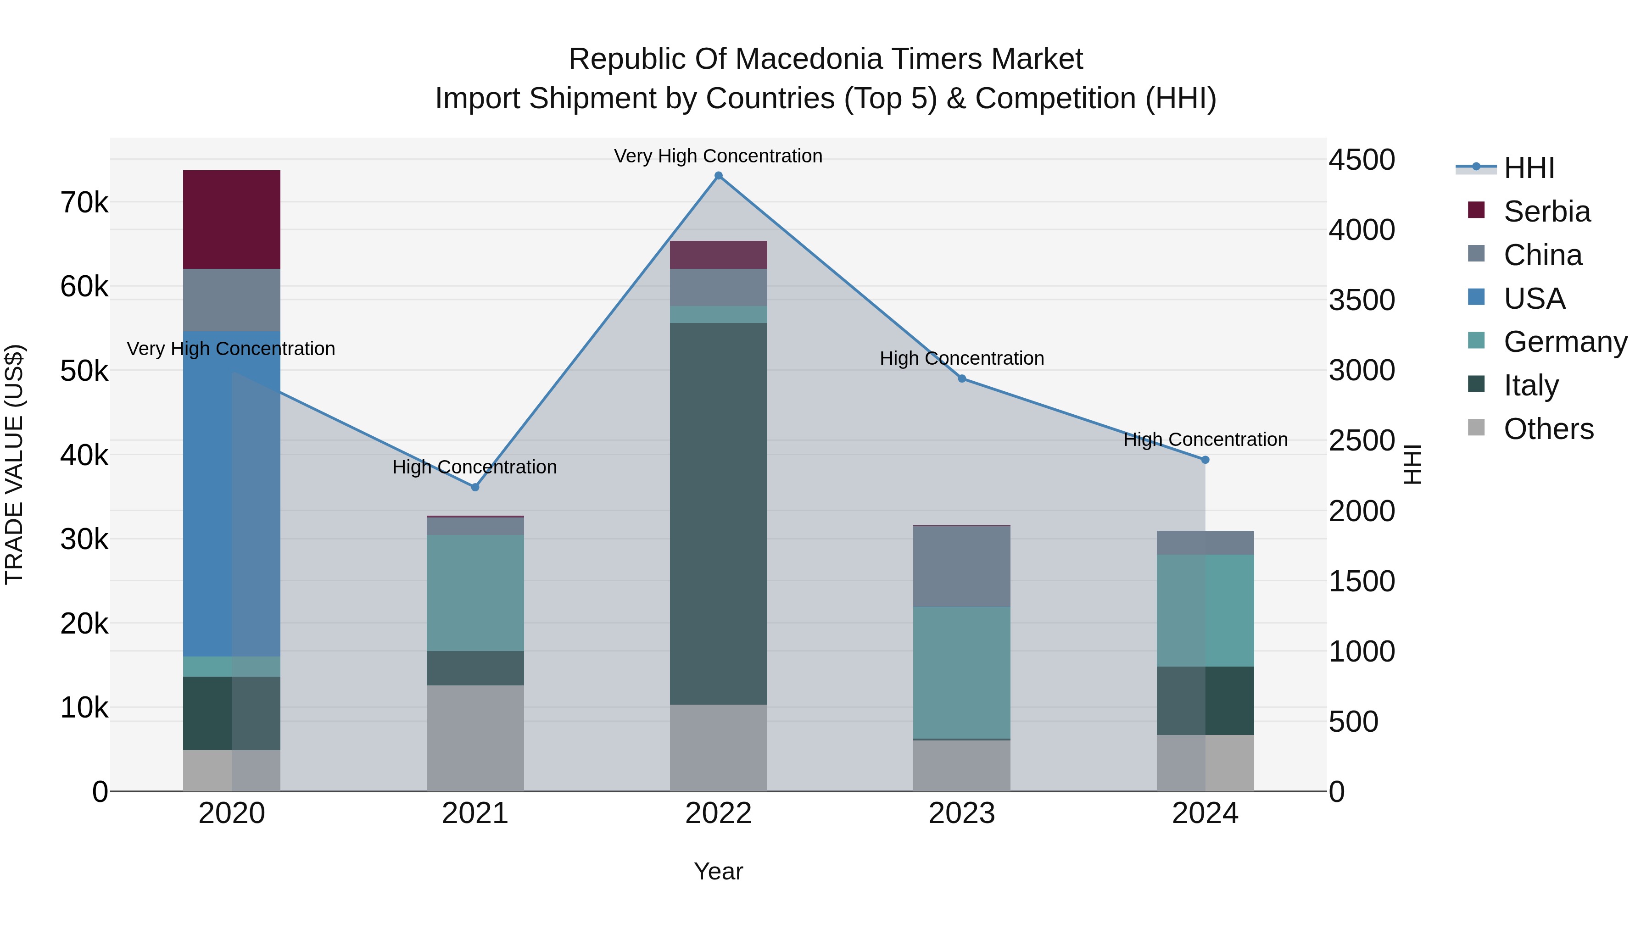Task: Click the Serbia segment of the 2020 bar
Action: tap(232, 219)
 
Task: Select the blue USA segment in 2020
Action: tap(232, 494)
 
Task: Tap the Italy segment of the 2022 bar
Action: tap(718, 513)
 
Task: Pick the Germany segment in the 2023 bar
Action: tap(961, 673)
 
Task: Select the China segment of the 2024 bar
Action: tap(1205, 542)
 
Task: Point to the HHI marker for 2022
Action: tap(718, 176)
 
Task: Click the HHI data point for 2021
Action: tap(475, 487)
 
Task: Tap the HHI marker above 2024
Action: tap(1205, 460)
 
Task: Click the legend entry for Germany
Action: tap(1565, 342)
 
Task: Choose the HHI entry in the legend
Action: tap(1529, 168)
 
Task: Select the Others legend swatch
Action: tap(1476, 428)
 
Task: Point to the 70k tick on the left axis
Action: tap(84, 203)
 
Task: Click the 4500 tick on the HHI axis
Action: tap(1361, 160)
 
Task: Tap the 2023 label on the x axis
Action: tap(961, 813)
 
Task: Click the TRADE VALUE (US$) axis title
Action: tap(14, 464)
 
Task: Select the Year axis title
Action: tap(718, 871)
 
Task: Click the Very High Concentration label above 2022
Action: tap(718, 156)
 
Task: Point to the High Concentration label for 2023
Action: tap(961, 358)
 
